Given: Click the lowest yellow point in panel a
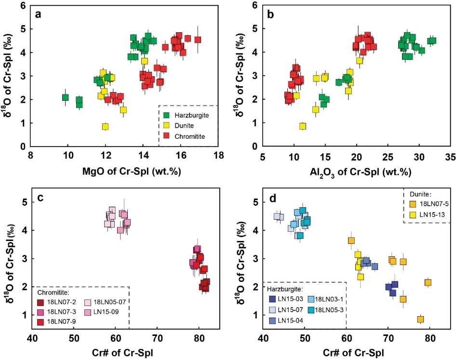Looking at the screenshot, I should point(105,127).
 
